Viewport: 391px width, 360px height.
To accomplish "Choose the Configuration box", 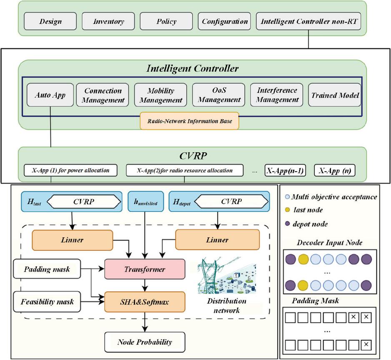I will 225,21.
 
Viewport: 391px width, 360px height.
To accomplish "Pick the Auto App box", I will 50,95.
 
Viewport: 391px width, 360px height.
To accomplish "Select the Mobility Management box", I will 160,95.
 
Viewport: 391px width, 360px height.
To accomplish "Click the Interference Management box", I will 277,95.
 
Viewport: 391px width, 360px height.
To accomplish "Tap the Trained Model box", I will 335,95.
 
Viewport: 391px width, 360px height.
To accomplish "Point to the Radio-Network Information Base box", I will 189,121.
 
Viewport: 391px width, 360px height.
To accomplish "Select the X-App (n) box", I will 334,170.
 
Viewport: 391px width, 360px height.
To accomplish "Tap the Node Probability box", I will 144,342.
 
